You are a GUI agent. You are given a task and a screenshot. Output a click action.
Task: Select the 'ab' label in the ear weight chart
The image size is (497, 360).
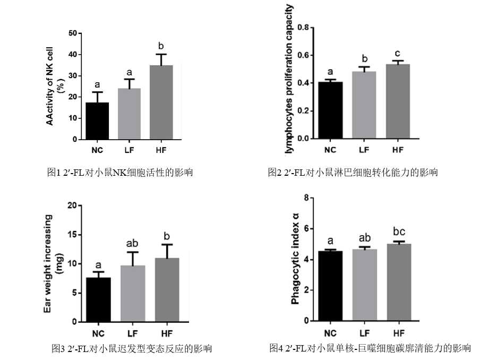(133, 243)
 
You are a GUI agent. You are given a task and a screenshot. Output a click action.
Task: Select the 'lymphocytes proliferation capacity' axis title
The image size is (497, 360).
(289, 79)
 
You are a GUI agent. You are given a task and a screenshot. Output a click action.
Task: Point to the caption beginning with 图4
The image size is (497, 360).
(370, 348)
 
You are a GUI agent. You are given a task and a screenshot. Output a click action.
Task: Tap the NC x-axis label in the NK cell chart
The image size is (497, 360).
(97, 149)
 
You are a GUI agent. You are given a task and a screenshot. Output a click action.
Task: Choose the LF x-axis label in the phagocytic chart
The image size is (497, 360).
(364, 333)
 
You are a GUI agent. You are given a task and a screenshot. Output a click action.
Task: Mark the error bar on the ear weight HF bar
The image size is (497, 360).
(167, 251)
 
